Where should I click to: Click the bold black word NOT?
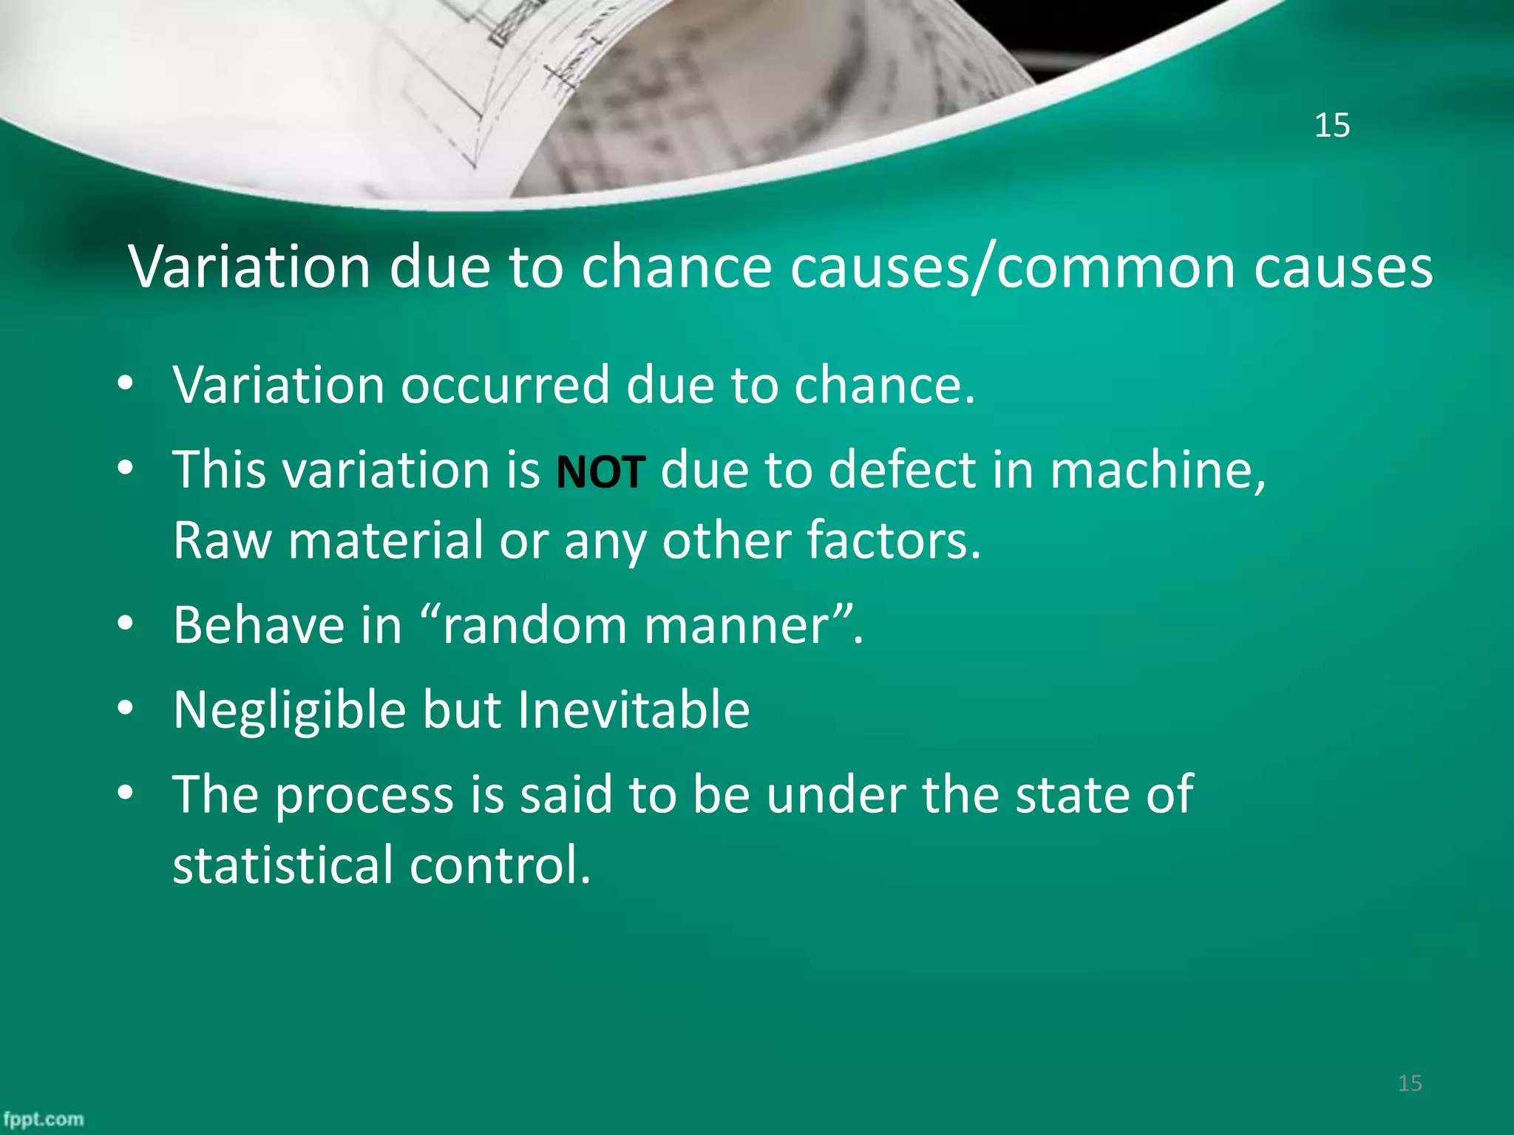[x=600, y=472]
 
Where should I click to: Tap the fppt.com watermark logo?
[x=43, y=1119]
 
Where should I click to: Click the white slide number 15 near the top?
[x=1331, y=126]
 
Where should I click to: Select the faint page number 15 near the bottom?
[x=1410, y=1083]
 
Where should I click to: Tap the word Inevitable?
[x=634, y=709]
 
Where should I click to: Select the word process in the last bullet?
[x=364, y=795]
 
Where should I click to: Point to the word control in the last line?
[x=500, y=865]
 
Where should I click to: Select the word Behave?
[x=259, y=625]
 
